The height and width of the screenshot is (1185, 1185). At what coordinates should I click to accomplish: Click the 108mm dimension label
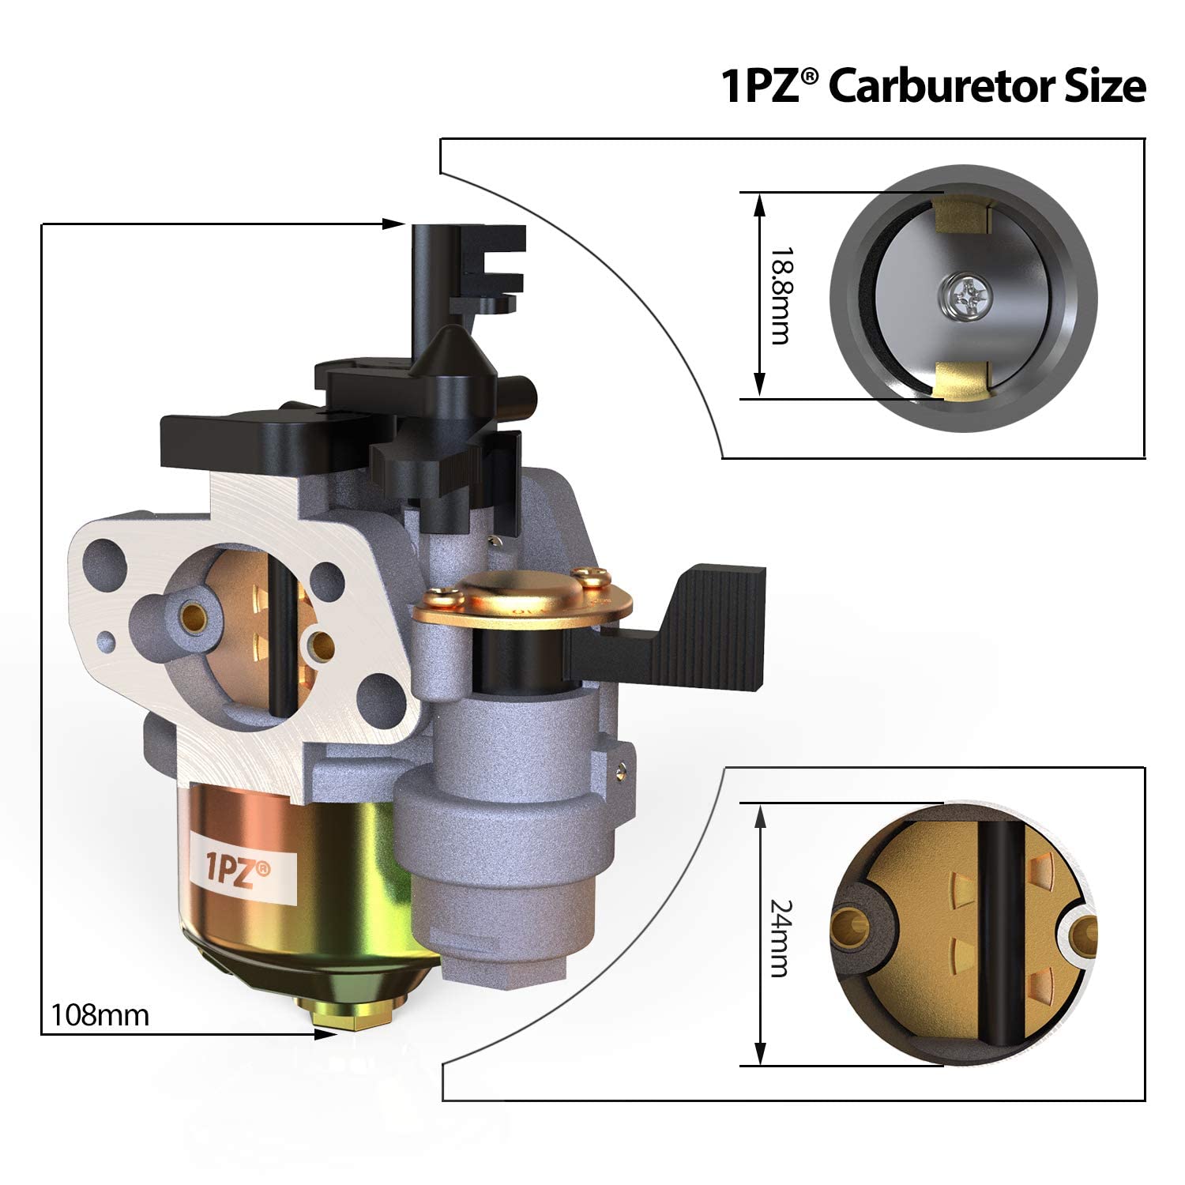[x=100, y=1014]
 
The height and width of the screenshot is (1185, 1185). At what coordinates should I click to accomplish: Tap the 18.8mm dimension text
[x=780, y=295]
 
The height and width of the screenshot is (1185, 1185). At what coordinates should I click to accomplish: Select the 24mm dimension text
[x=780, y=938]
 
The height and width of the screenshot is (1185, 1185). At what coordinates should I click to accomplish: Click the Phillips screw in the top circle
[x=962, y=295]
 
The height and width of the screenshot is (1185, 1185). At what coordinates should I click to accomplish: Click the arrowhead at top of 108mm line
[x=394, y=224]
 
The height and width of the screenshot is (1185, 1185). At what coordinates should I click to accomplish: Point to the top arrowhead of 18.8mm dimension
[x=760, y=204]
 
